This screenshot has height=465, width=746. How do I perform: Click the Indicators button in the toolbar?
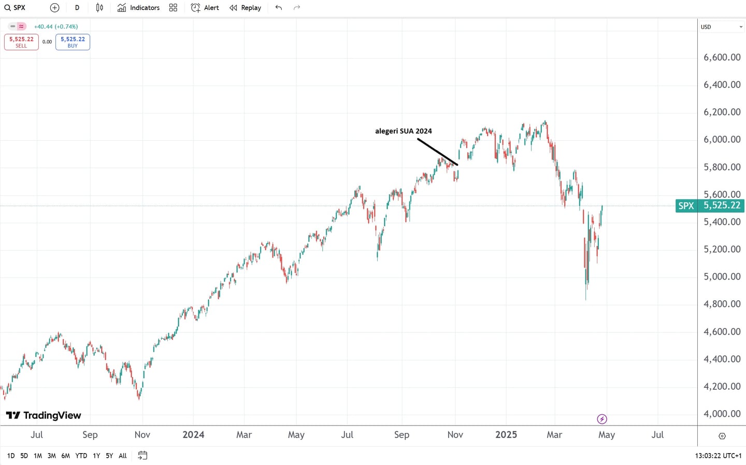click(x=138, y=8)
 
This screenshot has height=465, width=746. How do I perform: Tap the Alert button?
click(x=205, y=8)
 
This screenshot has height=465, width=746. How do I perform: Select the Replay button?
click(x=246, y=8)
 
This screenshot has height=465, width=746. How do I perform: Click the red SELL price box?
click(x=21, y=42)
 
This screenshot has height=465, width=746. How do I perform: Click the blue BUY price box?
click(x=73, y=42)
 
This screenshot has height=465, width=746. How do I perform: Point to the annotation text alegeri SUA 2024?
click(x=404, y=131)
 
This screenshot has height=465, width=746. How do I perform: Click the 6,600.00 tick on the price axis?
click(x=722, y=57)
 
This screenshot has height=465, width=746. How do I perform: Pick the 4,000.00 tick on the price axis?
click(x=722, y=414)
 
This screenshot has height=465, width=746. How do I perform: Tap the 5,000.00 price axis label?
click(x=722, y=277)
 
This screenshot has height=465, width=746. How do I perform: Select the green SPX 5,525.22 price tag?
click(x=710, y=206)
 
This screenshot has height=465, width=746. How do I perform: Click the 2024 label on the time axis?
click(x=193, y=435)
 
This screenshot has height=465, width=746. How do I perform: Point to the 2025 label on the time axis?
click(x=506, y=435)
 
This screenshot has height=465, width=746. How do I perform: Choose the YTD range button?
click(x=81, y=456)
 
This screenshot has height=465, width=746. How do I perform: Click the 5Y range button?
click(x=109, y=456)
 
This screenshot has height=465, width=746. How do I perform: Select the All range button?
click(x=123, y=456)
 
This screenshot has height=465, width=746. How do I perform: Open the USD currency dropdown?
click(x=722, y=27)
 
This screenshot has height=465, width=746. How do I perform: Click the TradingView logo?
click(x=44, y=415)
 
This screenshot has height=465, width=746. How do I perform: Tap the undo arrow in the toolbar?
click(x=279, y=8)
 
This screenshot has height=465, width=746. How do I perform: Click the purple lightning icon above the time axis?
click(x=602, y=419)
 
